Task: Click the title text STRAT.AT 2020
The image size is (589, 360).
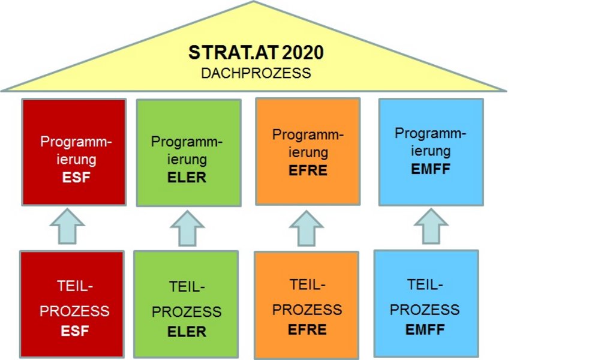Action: click(x=256, y=52)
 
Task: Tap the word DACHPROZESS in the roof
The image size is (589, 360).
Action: click(x=256, y=73)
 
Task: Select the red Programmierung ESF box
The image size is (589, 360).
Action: click(x=74, y=152)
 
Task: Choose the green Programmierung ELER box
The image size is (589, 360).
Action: click(x=188, y=152)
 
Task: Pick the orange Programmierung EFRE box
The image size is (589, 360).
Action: click(x=308, y=151)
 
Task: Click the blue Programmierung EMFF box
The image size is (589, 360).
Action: click(x=431, y=152)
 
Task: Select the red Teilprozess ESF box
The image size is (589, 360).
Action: click(x=72, y=304)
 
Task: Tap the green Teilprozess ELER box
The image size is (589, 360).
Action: click(x=186, y=304)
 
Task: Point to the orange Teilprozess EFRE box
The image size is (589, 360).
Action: click(x=306, y=305)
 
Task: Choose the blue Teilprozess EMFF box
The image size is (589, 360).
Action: click(x=426, y=304)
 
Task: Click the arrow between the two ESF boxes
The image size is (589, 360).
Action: click(x=67, y=227)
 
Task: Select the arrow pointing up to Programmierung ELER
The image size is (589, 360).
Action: click(x=187, y=228)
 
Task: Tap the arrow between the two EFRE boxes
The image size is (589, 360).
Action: click(x=306, y=228)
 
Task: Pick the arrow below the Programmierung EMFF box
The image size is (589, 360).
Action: click(x=431, y=227)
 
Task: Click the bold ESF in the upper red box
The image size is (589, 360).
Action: click(x=76, y=178)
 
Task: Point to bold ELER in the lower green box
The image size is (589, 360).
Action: click(x=187, y=331)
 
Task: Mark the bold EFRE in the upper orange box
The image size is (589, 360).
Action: click(x=308, y=170)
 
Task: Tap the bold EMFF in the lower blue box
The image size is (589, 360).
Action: click(x=425, y=329)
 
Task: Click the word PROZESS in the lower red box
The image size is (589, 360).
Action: click(x=74, y=311)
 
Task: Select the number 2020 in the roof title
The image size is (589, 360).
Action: click(x=302, y=52)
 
